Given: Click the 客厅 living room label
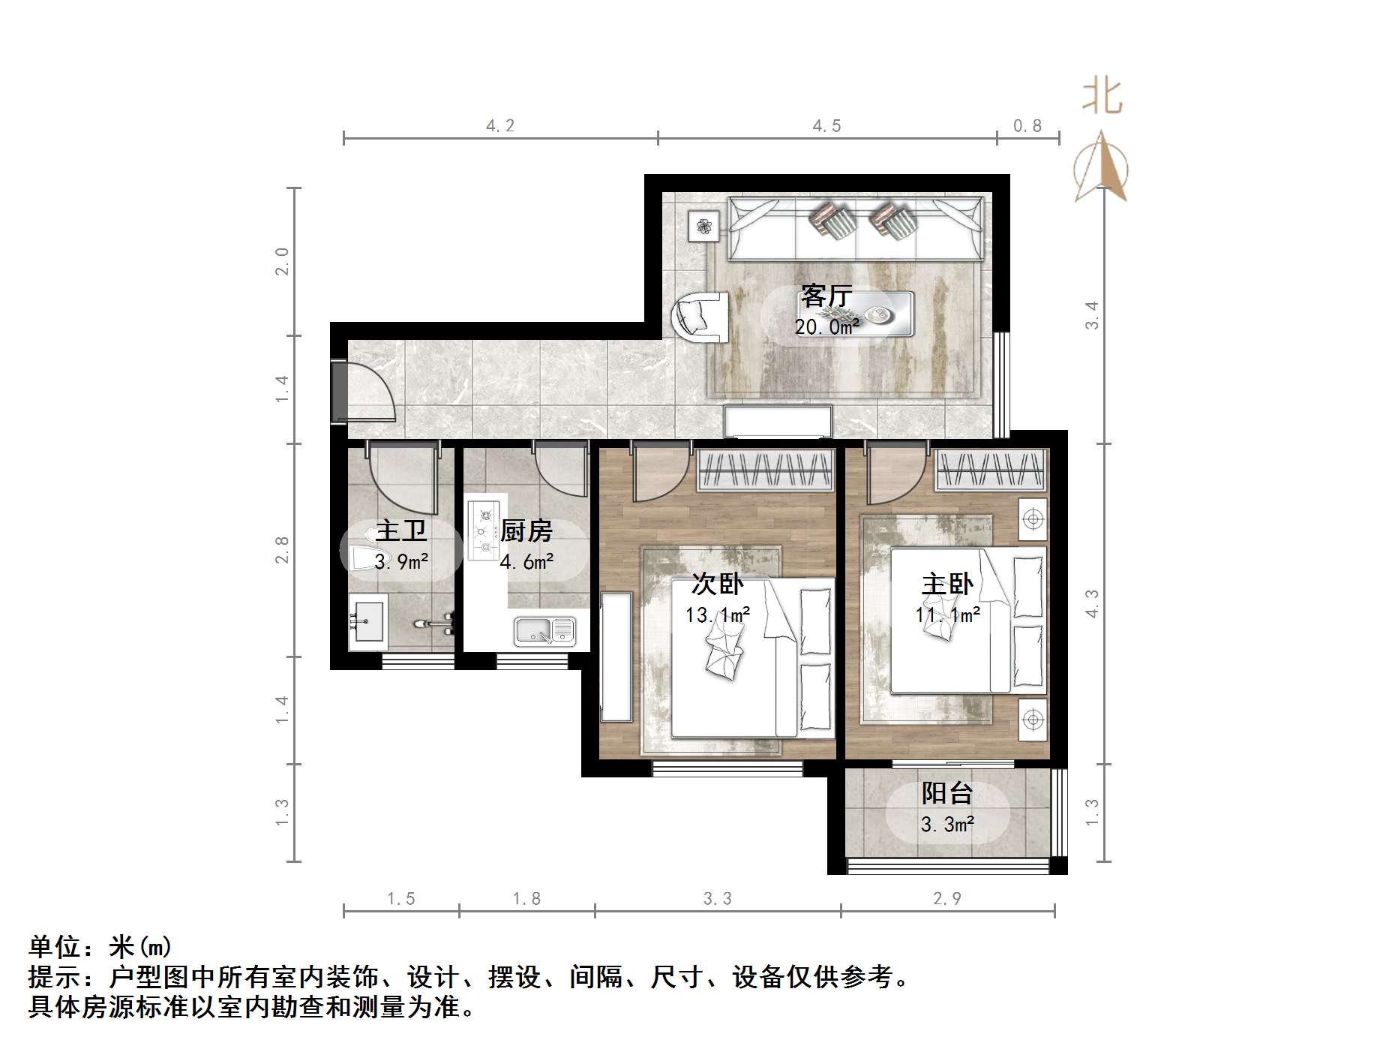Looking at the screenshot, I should pos(826,296).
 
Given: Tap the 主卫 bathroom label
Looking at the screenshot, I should pos(401,531).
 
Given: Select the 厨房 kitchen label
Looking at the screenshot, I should pos(526,531).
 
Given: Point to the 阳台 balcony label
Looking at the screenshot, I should pos(947,793).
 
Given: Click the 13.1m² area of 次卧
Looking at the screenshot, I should pos(717,615).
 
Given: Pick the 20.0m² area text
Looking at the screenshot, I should pos(826,326).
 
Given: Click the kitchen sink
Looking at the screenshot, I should pos(544,631).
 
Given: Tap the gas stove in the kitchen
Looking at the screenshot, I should pos(484,531).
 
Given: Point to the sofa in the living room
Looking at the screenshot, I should pos(855,228).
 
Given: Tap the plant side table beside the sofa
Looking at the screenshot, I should pos(703,226).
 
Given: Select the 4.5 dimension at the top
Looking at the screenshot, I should pos(826,126).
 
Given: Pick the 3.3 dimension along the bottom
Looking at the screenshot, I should pos(717,898).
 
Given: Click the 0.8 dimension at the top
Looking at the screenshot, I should pos(1027,126).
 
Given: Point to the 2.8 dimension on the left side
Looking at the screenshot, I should pos(281,550).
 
